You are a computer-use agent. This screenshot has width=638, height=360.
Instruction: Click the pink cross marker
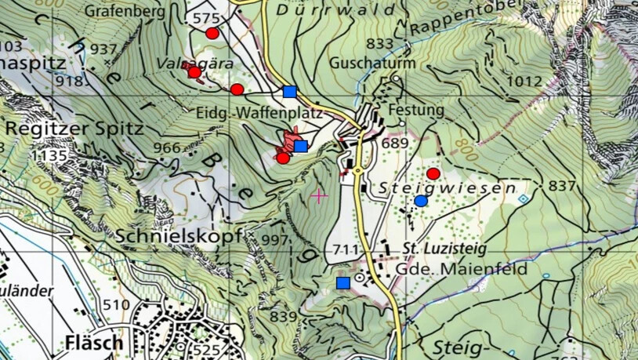(x=319, y=195)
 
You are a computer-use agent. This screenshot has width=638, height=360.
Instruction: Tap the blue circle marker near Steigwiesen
(x=421, y=201)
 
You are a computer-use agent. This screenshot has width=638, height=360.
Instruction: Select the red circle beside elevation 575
(x=212, y=33)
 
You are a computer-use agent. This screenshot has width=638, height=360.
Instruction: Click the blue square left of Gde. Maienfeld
(x=343, y=282)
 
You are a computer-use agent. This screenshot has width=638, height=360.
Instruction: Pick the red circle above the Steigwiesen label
(x=433, y=173)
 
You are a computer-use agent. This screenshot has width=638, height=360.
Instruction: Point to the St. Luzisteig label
(x=445, y=249)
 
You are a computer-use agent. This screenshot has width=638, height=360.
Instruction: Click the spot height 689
(x=396, y=144)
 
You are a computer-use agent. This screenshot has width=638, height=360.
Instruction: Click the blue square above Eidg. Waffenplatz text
(x=290, y=91)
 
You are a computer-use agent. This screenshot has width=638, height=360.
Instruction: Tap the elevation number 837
(x=562, y=186)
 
